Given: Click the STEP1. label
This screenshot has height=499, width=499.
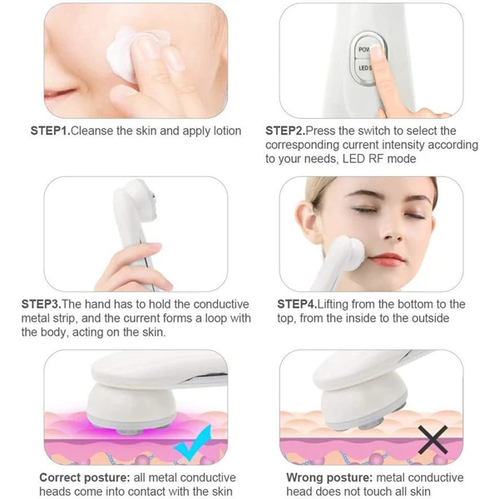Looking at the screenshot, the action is [x=50, y=131].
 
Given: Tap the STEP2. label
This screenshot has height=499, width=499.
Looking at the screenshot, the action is [x=285, y=131].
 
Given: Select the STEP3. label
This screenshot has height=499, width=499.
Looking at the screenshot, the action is [x=41, y=304].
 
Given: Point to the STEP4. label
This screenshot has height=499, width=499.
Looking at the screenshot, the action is [x=297, y=304].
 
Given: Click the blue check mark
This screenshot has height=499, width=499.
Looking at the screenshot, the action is [x=193, y=442].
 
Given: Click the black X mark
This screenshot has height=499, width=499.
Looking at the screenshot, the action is [x=432, y=440].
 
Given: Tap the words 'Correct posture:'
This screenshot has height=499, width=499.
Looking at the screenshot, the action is [x=85, y=477].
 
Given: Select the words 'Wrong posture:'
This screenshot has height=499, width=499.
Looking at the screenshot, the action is [x=329, y=477].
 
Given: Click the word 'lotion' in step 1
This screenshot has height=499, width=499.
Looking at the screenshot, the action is [x=227, y=131].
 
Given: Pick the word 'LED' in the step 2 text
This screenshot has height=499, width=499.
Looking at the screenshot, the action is [x=353, y=159].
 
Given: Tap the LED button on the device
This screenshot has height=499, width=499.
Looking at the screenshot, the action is [x=363, y=68].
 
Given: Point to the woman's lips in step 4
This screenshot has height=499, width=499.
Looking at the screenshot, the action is [x=387, y=257].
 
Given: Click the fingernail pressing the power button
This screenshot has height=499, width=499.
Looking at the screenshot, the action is [x=378, y=52].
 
